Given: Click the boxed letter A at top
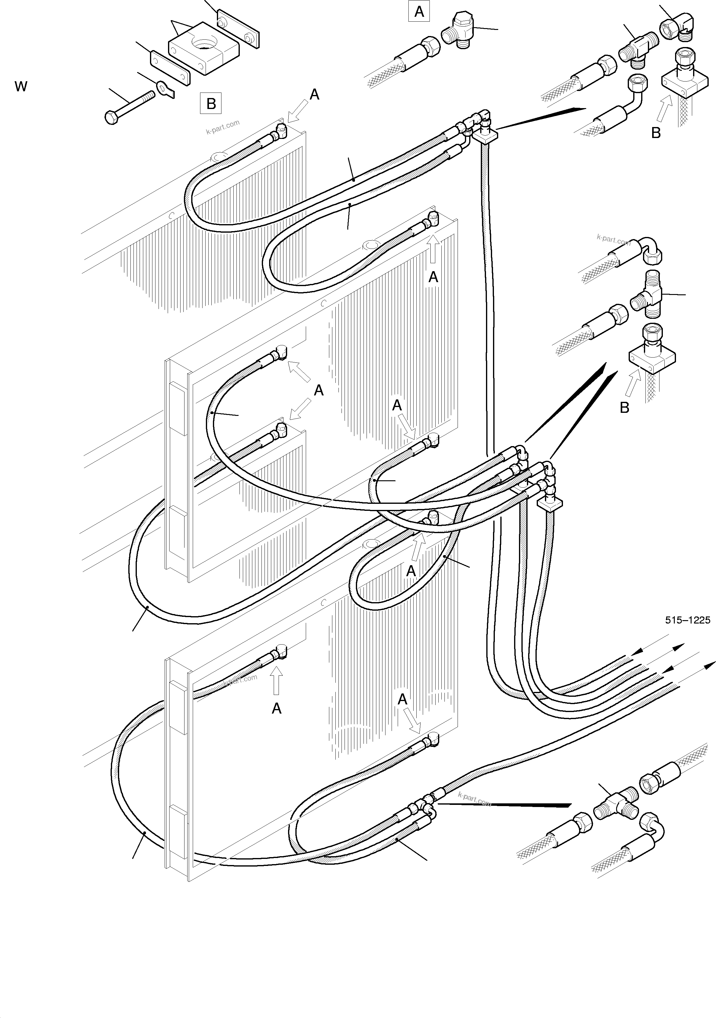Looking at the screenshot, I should click(419, 12).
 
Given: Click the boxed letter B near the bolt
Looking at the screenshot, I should click(211, 103).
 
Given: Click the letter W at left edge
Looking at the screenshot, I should click(21, 86).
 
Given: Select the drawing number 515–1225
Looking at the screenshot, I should click(687, 620).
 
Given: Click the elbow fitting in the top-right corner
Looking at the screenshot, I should click(677, 27).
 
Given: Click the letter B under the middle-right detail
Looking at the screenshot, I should click(624, 407).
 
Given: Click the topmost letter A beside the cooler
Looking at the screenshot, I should click(314, 94).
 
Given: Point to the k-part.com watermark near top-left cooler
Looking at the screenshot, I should click(223, 127).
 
